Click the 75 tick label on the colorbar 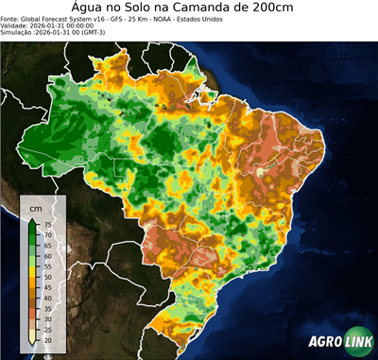47,225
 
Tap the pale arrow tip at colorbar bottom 32,344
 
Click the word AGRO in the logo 323,343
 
